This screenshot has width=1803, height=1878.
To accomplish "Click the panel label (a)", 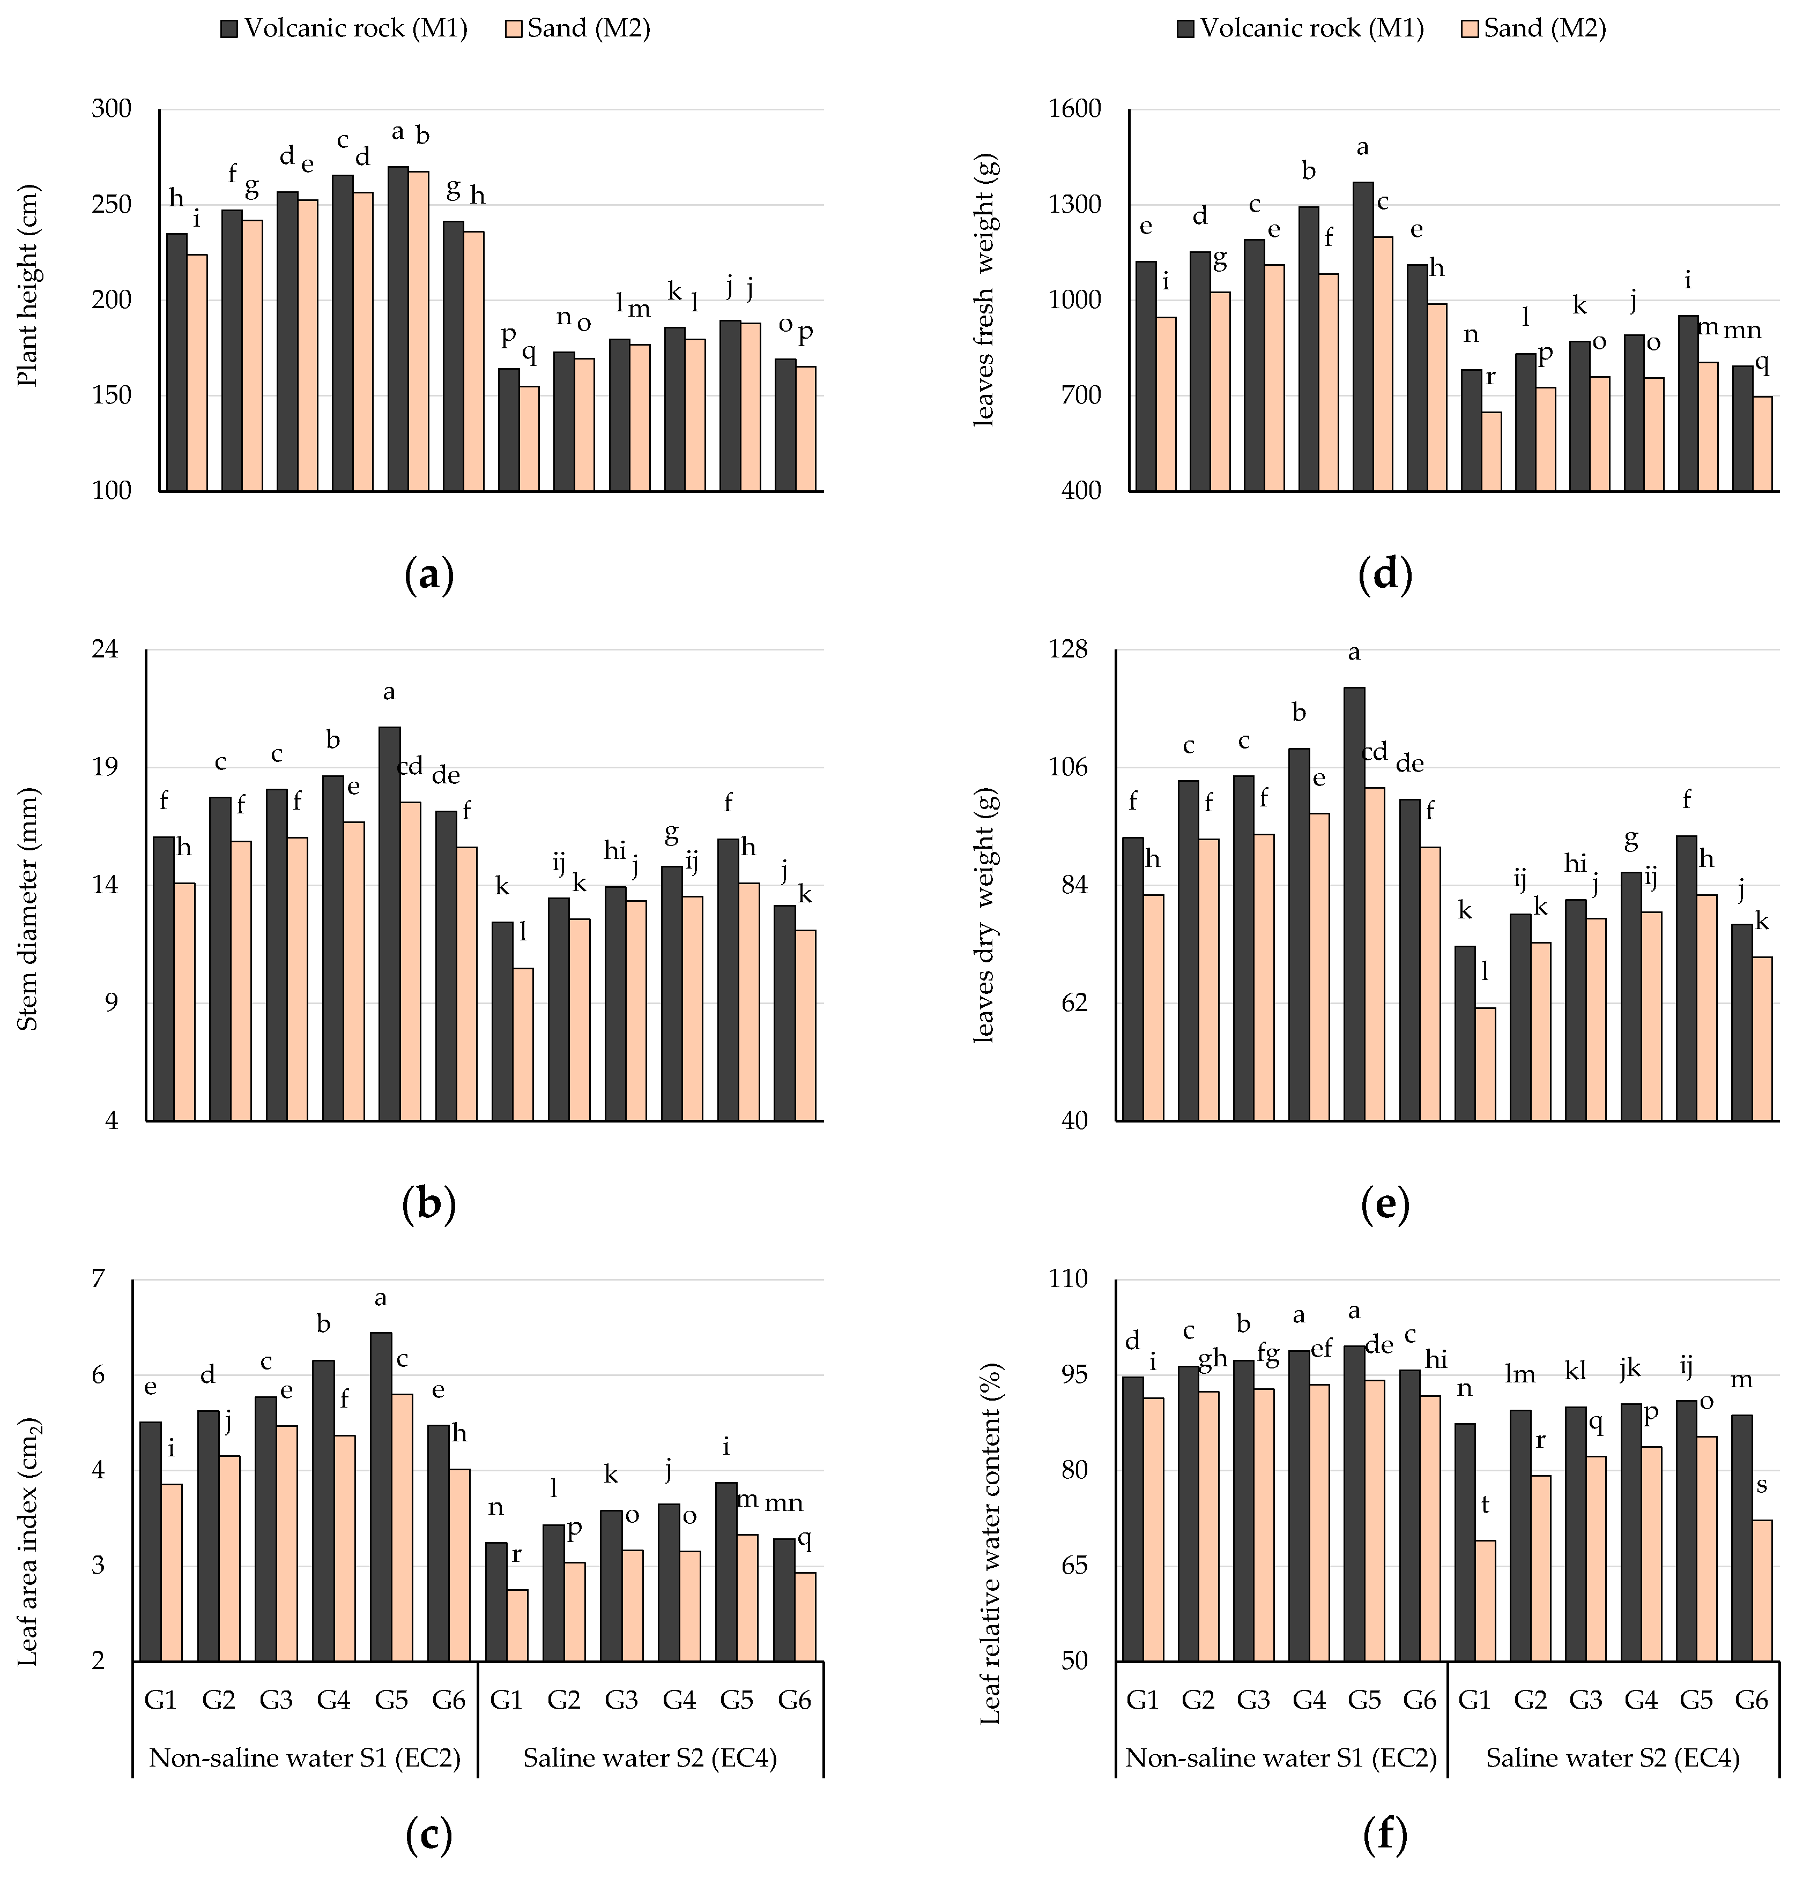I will [x=428, y=575].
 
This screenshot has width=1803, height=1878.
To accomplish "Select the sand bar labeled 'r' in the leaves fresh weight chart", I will [x=1492, y=451].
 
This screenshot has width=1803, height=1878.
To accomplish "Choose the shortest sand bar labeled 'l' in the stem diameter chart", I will [x=522, y=1044].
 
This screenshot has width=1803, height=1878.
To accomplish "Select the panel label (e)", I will [x=1385, y=1204].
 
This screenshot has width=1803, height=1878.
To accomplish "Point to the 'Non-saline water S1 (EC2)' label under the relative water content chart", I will [x=1281, y=1758].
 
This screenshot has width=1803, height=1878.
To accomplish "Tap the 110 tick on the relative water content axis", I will [x=1068, y=1279].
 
